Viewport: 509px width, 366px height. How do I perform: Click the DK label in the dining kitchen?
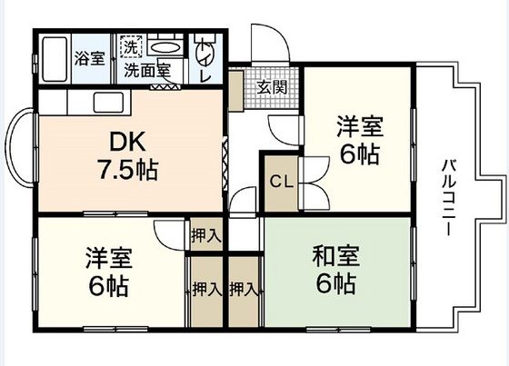tap(127, 142)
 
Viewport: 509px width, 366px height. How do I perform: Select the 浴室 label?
tap(89, 56)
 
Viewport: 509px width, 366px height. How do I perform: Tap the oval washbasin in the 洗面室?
tap(165, 47)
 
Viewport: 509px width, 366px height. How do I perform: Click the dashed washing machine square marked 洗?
tap(131, 46)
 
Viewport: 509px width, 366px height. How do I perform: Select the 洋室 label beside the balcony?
tap(357, 125)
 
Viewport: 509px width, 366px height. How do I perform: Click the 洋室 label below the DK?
tap(108, 257)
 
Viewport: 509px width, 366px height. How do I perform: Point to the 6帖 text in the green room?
tap(335, 284)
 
